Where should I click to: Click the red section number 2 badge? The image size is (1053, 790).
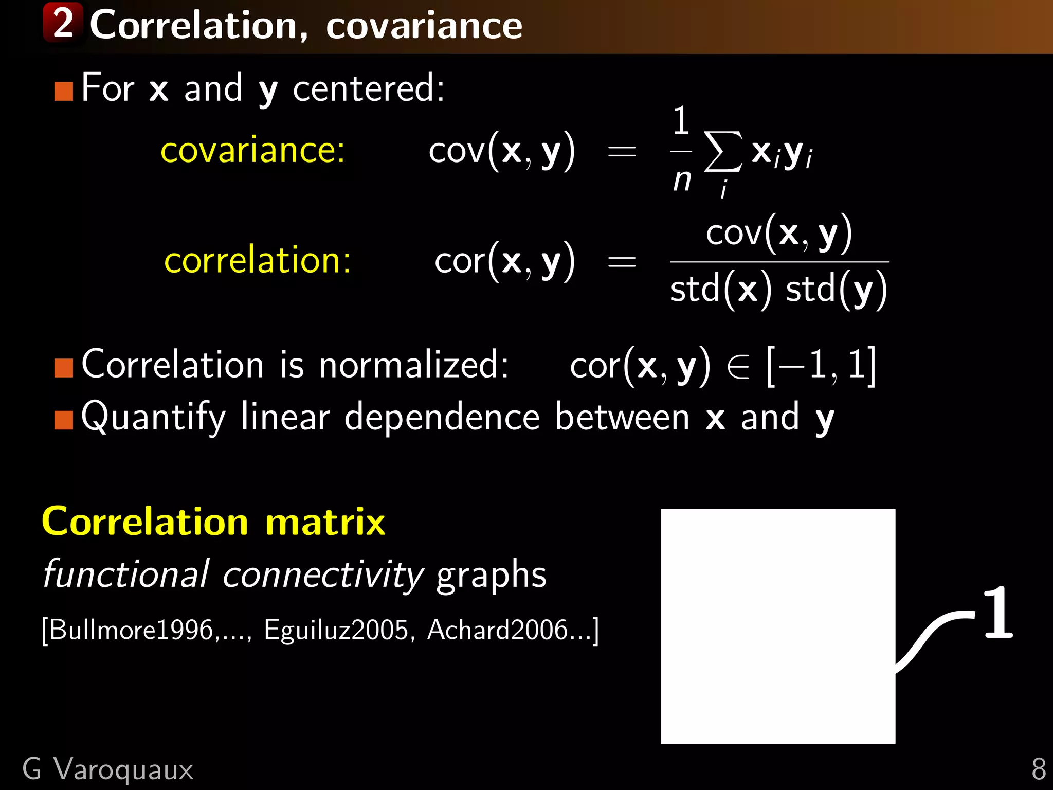click(63, 23)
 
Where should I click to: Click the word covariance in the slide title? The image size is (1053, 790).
click(424, 26)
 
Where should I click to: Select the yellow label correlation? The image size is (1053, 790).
click(257, 260)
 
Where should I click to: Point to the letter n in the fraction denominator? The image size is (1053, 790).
click(682, 180)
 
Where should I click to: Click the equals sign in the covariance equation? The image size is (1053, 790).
click(622, 152)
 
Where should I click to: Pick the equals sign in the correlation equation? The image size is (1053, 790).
click(622, 262)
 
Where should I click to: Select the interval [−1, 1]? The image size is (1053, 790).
click(821, 365)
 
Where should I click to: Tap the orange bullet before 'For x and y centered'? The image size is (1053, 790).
click(64, 91)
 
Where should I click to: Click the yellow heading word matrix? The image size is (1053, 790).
click(325, 522)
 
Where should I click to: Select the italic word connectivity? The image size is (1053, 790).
click(323, 575)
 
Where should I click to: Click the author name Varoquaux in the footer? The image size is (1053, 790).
click(123, 769)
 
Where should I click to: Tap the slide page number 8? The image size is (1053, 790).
click(1038, 769)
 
